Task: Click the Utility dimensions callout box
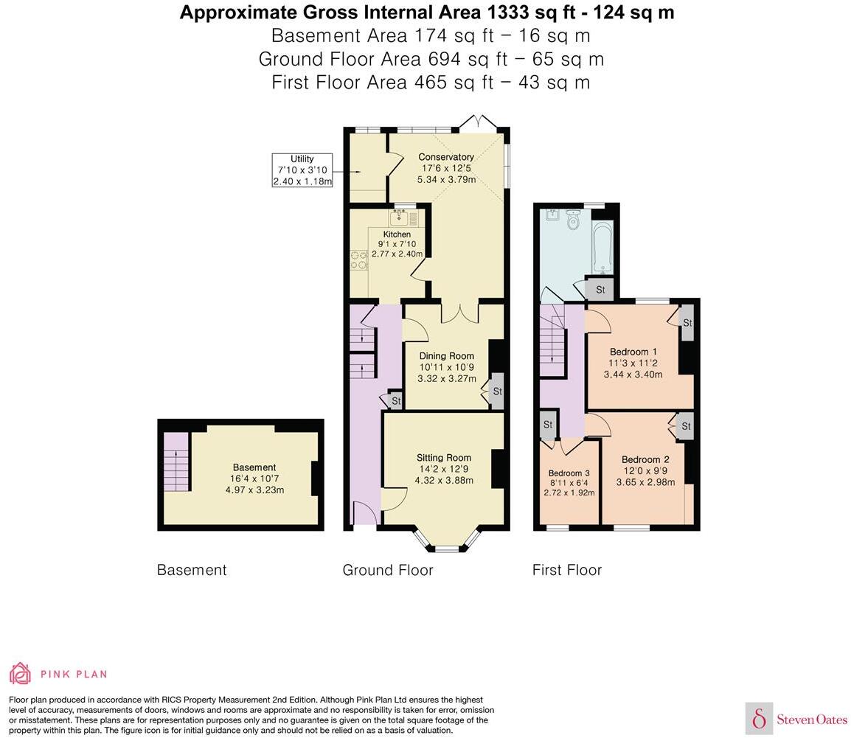click(302, 170)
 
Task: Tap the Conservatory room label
click(445, 157)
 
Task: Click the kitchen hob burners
click(359, 260)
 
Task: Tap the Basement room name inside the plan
click(254, 467)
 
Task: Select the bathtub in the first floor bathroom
click(602, 246)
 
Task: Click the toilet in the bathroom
click(574, 218)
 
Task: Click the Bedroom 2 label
click(645, 459)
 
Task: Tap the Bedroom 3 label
click(569, 473)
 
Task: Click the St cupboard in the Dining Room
click(496, 391)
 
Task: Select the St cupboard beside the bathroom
click(600, 290)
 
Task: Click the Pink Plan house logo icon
click(21, 673)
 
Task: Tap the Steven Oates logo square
click(759, 718)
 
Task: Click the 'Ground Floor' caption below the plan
click(387, 570)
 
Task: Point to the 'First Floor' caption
click(566, 570)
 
